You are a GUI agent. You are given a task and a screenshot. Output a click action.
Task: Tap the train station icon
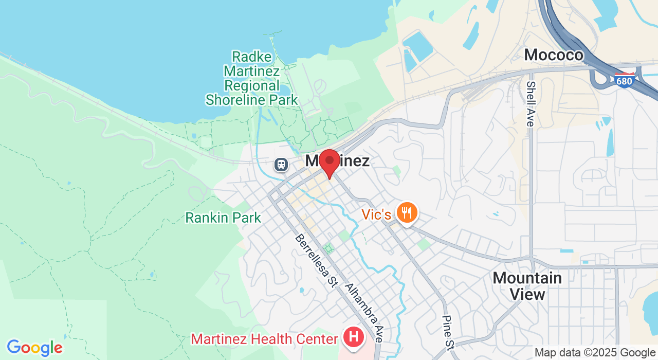(x=281, y=165)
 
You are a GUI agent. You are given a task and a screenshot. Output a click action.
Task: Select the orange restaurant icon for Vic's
(x=407, y=212)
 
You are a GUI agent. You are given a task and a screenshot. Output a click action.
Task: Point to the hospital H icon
(x=354, y=337)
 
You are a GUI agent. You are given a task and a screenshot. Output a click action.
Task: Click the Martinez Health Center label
(x=264, y=339)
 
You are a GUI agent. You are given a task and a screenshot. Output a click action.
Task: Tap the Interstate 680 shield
(x=624, y=80)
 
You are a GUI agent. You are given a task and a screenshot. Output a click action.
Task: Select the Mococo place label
(x=554, y=55)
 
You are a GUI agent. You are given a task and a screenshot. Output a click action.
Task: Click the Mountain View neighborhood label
(x=527, y=286)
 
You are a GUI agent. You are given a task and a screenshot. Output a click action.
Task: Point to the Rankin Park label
(x=223, y=218)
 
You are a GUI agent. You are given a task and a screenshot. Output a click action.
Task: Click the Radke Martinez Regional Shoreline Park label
(x=252, y=78)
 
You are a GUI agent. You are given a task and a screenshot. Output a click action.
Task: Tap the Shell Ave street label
(x=531, y=103)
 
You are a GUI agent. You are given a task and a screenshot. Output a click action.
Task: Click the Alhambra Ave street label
(x=364, y=313)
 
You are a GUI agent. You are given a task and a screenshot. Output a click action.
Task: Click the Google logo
(x=34, y=348)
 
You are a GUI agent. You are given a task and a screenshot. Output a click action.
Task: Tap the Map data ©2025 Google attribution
(x=595, y=353)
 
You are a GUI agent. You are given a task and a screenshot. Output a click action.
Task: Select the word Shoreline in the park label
(x=252, y=100)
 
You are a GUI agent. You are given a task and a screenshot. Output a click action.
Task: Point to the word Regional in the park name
(x=252, y=85)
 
